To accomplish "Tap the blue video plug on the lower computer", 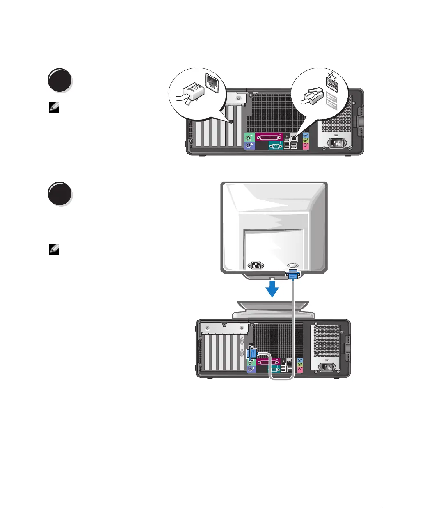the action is pos(252,353).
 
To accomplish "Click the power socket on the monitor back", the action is pos(255,265).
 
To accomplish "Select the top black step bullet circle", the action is pos(59,80).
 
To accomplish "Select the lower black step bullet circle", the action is pos(59,193).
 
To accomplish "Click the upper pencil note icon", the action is pos(54,108).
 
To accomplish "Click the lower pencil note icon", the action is pos(54,249).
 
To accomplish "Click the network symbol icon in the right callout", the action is pos(331,75).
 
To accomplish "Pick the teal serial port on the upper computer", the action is pos(275,145).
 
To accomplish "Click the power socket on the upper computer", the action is pos(336,144).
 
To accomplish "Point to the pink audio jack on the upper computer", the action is pos(305,145).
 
